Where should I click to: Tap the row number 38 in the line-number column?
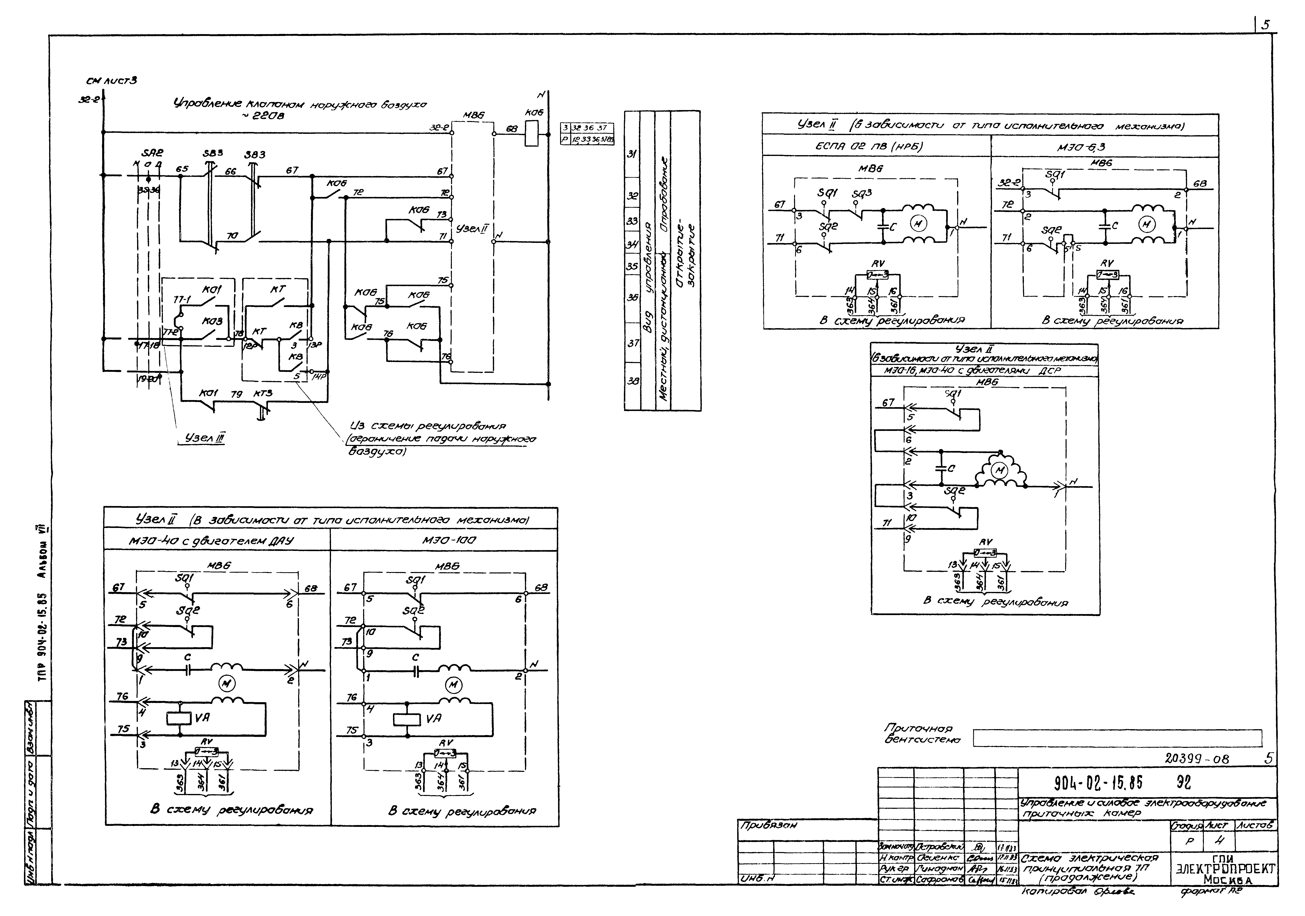[632, 381]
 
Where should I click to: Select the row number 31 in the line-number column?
[632, 154]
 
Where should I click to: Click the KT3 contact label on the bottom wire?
[263, 393]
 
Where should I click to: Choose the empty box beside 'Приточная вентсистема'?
[1117, 738]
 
